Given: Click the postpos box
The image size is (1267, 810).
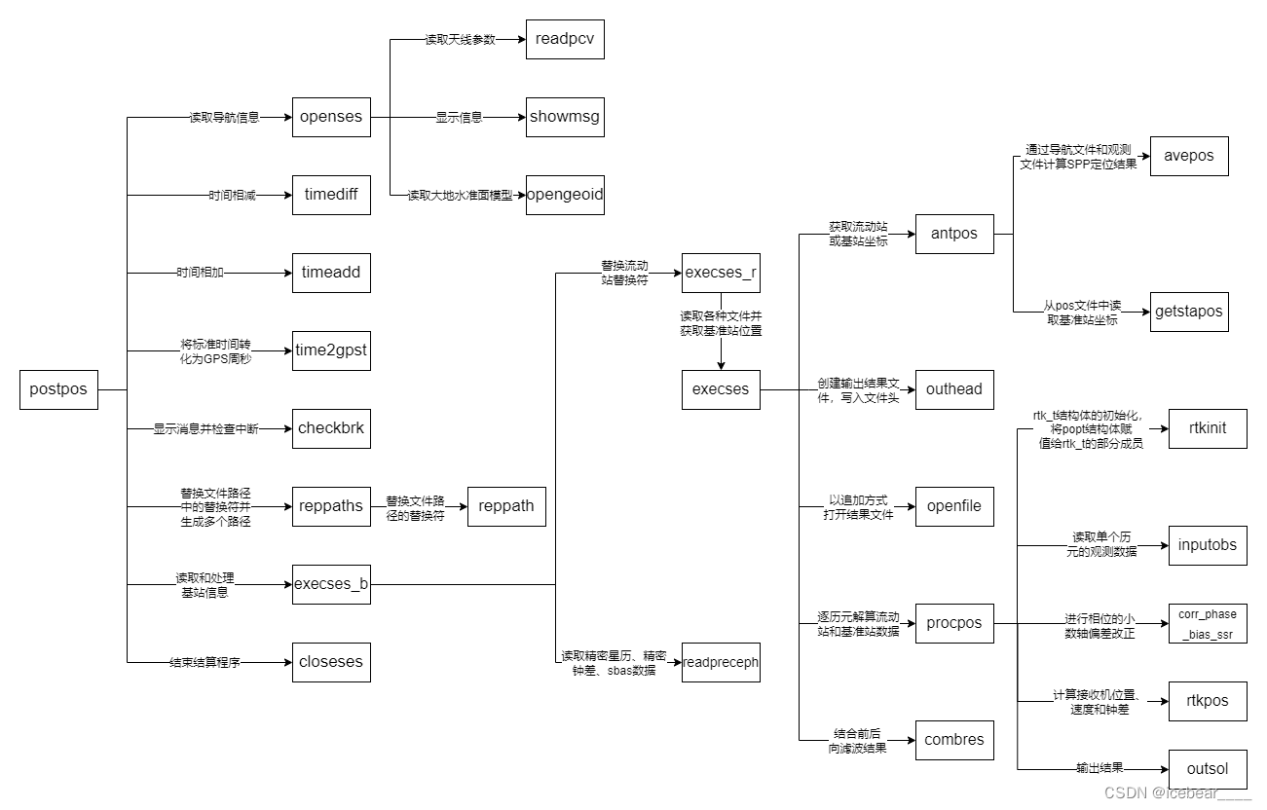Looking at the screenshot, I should click(58, 389).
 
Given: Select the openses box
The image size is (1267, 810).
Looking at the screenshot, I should click(331, 117).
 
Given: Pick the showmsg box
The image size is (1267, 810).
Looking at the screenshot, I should click(565, 117).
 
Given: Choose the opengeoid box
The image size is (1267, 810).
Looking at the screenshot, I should click(565, 195).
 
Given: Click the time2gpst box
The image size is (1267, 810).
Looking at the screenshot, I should click(331, 350).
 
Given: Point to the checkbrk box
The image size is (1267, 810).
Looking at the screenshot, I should click(331, 428).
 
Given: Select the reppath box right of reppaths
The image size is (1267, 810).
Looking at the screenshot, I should click(506, 506).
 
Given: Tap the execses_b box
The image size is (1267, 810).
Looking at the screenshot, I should click(331, 584).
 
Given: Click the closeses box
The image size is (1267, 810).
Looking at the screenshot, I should click(331, 662).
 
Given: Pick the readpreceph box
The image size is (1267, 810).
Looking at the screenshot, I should click(721, 662).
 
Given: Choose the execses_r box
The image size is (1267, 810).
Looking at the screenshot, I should click(721, 273).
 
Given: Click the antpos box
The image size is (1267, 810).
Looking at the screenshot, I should click(954, 234).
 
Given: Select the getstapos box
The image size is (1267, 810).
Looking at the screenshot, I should click(1189, 312).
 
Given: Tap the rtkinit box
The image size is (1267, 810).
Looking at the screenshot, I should click(1208, 428).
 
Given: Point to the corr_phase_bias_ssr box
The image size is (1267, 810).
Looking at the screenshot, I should click(1208, 623).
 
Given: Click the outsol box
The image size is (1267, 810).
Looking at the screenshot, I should click(1208, 769).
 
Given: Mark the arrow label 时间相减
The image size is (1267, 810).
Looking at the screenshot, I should click(232, 196).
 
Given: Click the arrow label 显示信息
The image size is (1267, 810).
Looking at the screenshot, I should click(459, 118).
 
